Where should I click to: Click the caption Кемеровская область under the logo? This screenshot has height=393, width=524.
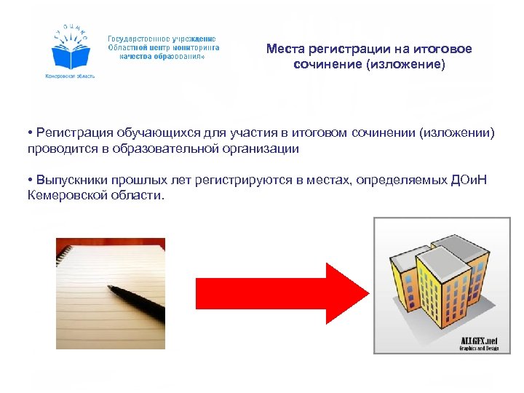tap(71, 76)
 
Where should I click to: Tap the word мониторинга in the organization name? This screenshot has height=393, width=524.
tap(193, 46)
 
